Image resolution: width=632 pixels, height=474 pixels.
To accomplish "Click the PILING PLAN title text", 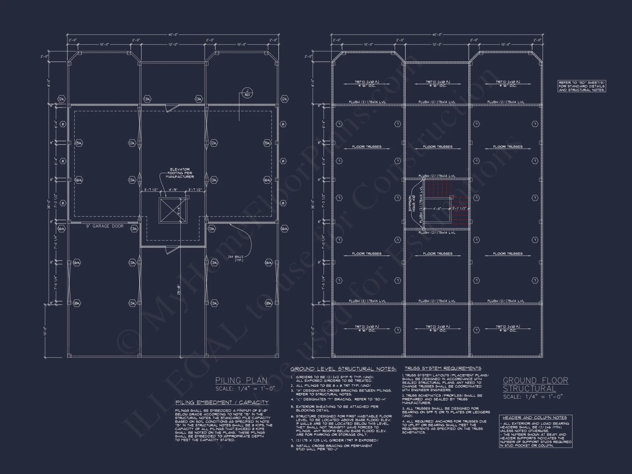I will pos(241,380).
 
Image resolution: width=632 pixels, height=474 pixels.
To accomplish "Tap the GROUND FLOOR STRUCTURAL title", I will pos(535,385).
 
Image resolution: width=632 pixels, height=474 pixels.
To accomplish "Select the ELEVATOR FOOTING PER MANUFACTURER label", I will pos(180,173).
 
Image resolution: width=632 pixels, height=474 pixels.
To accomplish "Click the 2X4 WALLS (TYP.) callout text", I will pos(235,258).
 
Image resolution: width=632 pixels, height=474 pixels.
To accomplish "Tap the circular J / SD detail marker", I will pos(247,93).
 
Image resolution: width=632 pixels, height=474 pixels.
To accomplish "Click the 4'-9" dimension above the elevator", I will pos(173,190).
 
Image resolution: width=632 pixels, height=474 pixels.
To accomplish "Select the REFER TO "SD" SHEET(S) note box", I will pos(581,86).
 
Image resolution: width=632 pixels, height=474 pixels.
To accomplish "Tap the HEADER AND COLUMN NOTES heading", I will pos(535,418).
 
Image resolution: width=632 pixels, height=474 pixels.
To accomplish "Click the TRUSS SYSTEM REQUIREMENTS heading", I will pos(443,368).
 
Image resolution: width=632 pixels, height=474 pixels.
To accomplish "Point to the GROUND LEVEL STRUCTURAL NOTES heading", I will pos(343,369).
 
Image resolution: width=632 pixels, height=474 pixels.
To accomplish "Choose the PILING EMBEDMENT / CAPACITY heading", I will pos(222,402).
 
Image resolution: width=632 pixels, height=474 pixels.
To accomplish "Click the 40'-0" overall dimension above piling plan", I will pos(173,35).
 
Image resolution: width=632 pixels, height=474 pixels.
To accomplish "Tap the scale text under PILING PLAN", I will pos(245,389).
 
